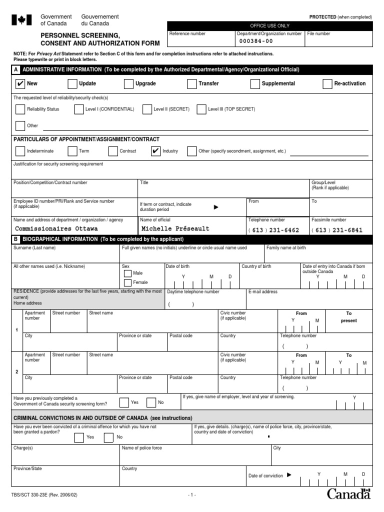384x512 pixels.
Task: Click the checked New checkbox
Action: (20, 84)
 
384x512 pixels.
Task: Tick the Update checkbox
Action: (72, 84)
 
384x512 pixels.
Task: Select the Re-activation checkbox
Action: (327, 84)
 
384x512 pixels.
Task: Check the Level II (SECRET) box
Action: (147, 109)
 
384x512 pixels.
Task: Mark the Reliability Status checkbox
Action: (20, 109)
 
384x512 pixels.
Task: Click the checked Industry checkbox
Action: (155, 151)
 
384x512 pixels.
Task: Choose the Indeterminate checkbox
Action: (20, 151)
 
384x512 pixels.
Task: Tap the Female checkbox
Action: (127, 282)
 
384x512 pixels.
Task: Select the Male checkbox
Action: (127, 273)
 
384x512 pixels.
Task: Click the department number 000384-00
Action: (256, 41)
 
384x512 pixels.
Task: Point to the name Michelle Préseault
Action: (175, 229)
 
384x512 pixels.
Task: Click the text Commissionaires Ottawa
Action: (56, 229)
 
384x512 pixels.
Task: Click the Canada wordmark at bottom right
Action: (349, 494)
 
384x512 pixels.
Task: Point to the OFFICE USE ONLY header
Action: (269, 25)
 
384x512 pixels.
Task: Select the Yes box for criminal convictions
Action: (79, 438)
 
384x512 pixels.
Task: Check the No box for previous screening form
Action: (151, 402)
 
